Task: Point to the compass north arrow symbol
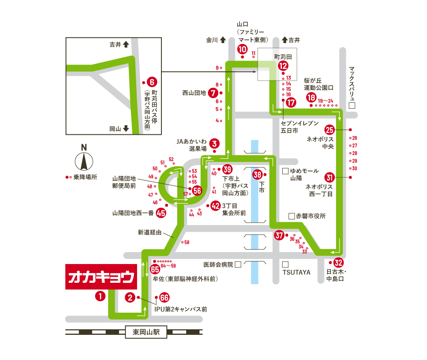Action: pyautogui.click(x=84, y=161)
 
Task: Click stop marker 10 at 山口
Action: pyautogui.click(x=242, y=48)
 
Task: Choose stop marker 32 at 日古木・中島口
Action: pyautogui.click(x=338, y=263)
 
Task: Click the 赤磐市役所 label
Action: pyautogui.click(x=311, y=216)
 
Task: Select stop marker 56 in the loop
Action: pyautogui.click(x=197, y=191)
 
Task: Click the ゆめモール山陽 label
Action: pyautogui.click(x=304, y=174)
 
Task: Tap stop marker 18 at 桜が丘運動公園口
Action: pyautogui.click(x=311, y=98)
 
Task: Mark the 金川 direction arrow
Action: pyautogui.click(x=222, y=41)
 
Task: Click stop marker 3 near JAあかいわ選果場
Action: pyautogui.click(x=214, y=144)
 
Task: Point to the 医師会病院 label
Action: pyautogui.click(x=219, y=265)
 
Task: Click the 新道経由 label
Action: pyautogui.click(x=149, y=233)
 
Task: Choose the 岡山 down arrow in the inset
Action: pyautogui.click(x=126, y=128)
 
